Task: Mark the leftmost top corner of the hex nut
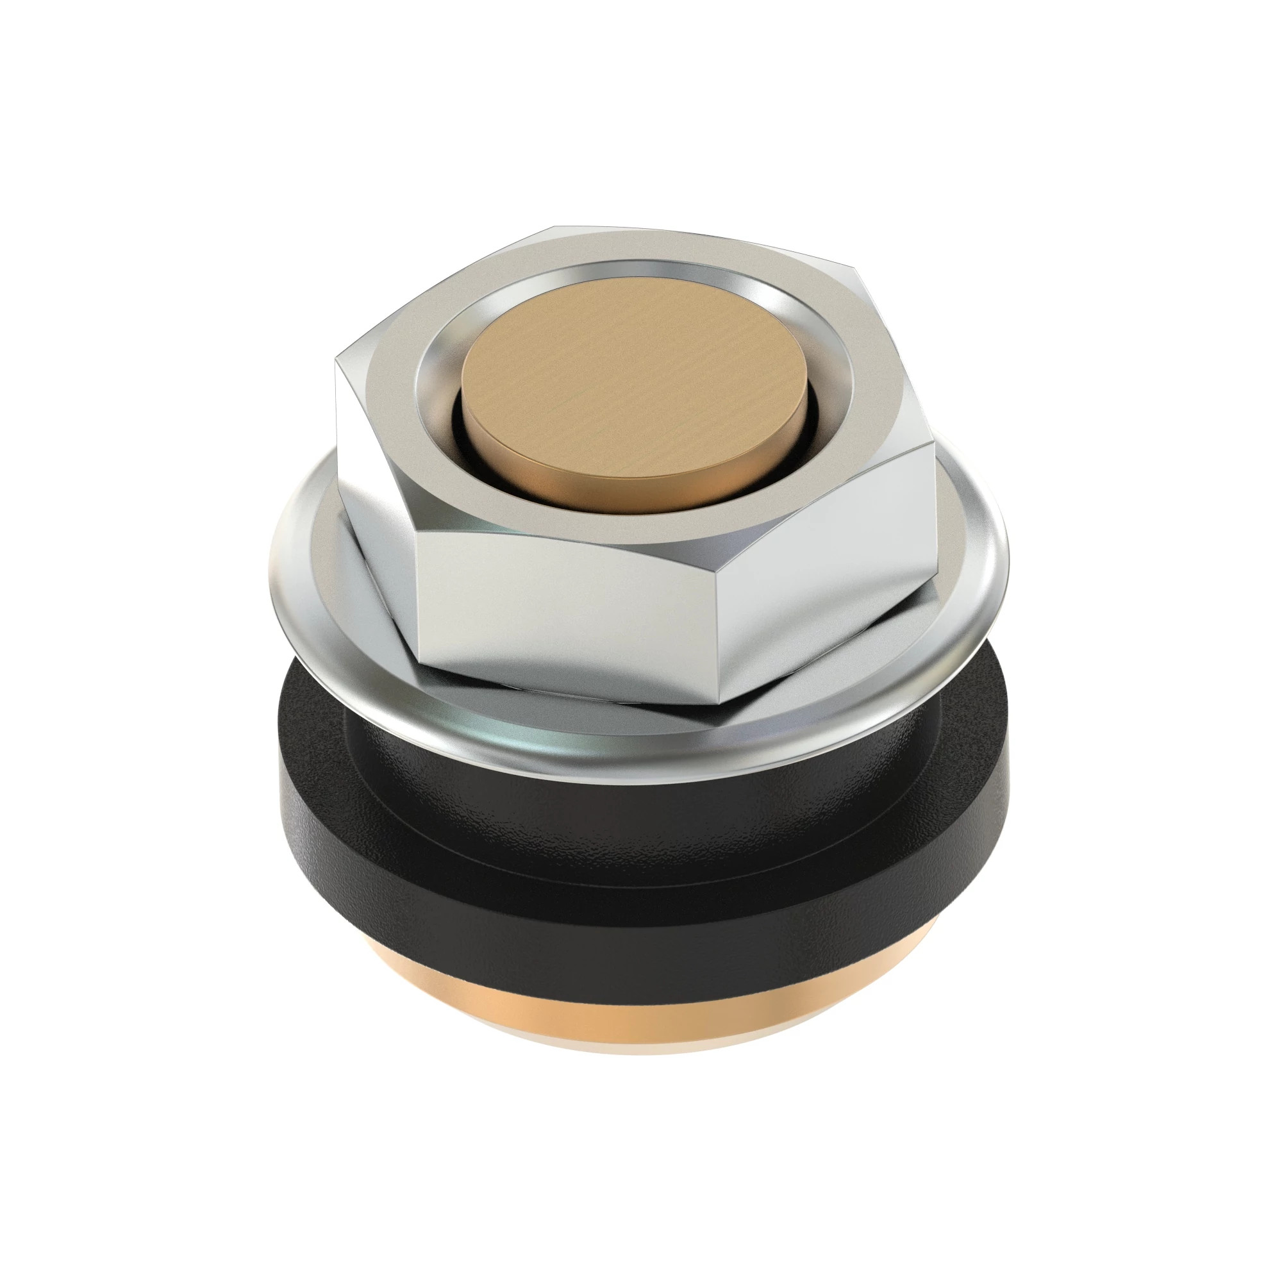(x=337, y=358)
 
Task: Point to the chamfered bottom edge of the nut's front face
(x=564, y=683)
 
